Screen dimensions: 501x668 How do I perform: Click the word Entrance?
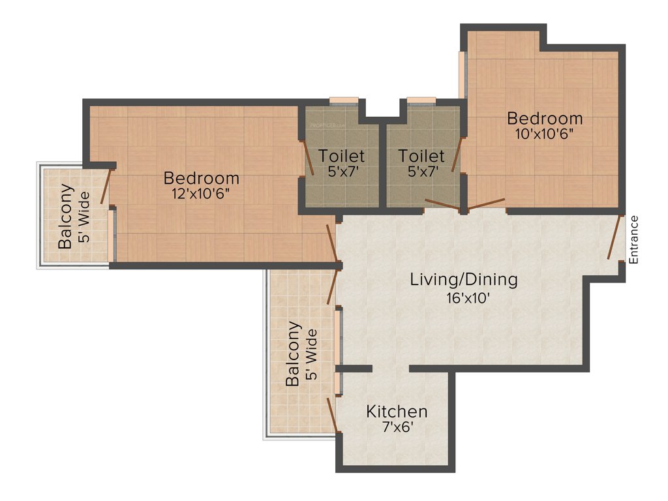(634, 239)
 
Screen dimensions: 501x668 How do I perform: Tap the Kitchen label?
(397, 412)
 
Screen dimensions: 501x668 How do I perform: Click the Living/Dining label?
(464, 280)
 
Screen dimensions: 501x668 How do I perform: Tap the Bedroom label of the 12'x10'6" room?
(202, 177)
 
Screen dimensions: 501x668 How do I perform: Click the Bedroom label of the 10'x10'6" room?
(545, 119)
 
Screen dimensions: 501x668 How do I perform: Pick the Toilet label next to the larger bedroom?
(341, 156)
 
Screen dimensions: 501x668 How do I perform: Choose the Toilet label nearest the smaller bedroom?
(421, 156)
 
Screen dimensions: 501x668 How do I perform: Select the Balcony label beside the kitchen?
(294, 353)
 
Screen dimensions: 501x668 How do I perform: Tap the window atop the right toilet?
(421, 100)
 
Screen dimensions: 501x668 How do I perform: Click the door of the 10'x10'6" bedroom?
(487, 204)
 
